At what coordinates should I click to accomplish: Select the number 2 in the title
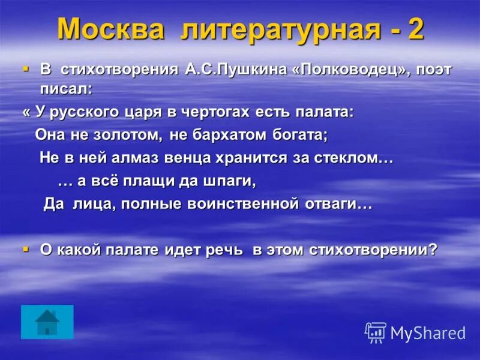[416, 29]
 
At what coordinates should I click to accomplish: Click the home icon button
[47, 322]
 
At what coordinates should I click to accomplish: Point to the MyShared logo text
[427, 333]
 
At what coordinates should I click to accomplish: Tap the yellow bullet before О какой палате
[25, 248]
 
